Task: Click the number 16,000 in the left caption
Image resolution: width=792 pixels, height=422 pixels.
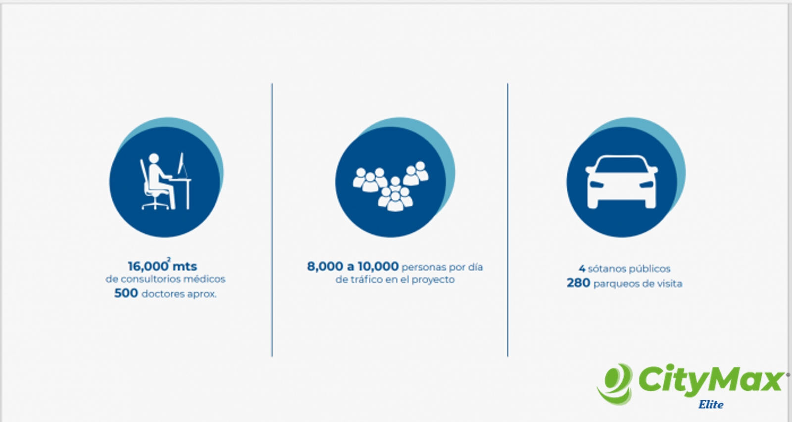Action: coord(148,267)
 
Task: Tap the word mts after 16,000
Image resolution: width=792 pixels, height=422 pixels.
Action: coord(185,266)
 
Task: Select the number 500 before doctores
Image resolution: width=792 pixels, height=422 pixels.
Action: coord(126,293)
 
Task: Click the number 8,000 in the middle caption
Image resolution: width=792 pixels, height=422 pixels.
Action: coord(325,267)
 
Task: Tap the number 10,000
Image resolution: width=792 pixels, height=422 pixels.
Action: coord(378,267)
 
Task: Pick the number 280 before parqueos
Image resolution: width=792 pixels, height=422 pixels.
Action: coord(579,283)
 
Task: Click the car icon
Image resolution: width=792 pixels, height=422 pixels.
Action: coord(621,182)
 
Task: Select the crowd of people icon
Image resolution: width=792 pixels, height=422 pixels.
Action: coord(391,186)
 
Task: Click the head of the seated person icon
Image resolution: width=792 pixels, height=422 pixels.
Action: coord(154,158)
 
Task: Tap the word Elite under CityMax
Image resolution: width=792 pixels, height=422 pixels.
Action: coord(711,404)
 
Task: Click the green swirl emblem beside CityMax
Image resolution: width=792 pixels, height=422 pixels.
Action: coord(616,384)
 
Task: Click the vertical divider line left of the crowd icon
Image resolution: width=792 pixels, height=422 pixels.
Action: coord(272,220)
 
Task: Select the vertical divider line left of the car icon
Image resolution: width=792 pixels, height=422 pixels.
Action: coord(507,220)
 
